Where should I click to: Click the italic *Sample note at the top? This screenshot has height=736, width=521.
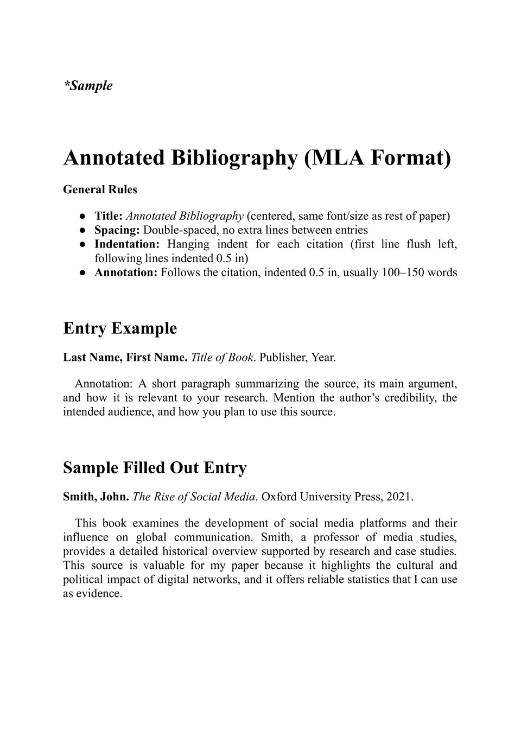[88, 86]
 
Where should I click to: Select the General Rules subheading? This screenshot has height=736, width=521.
[100, 189]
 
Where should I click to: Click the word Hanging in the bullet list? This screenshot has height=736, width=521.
[188, 244]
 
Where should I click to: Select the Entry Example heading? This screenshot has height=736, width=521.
[120, 328]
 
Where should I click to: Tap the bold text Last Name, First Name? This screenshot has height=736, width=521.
[125, 358]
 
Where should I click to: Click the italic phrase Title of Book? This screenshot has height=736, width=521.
[222, 358]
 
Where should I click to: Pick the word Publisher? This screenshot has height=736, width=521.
[283, 358]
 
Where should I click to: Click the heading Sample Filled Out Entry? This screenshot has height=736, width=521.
[155, 468]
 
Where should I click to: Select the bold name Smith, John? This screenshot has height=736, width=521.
[96, 497]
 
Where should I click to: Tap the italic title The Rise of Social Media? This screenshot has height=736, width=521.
[194, 497]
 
